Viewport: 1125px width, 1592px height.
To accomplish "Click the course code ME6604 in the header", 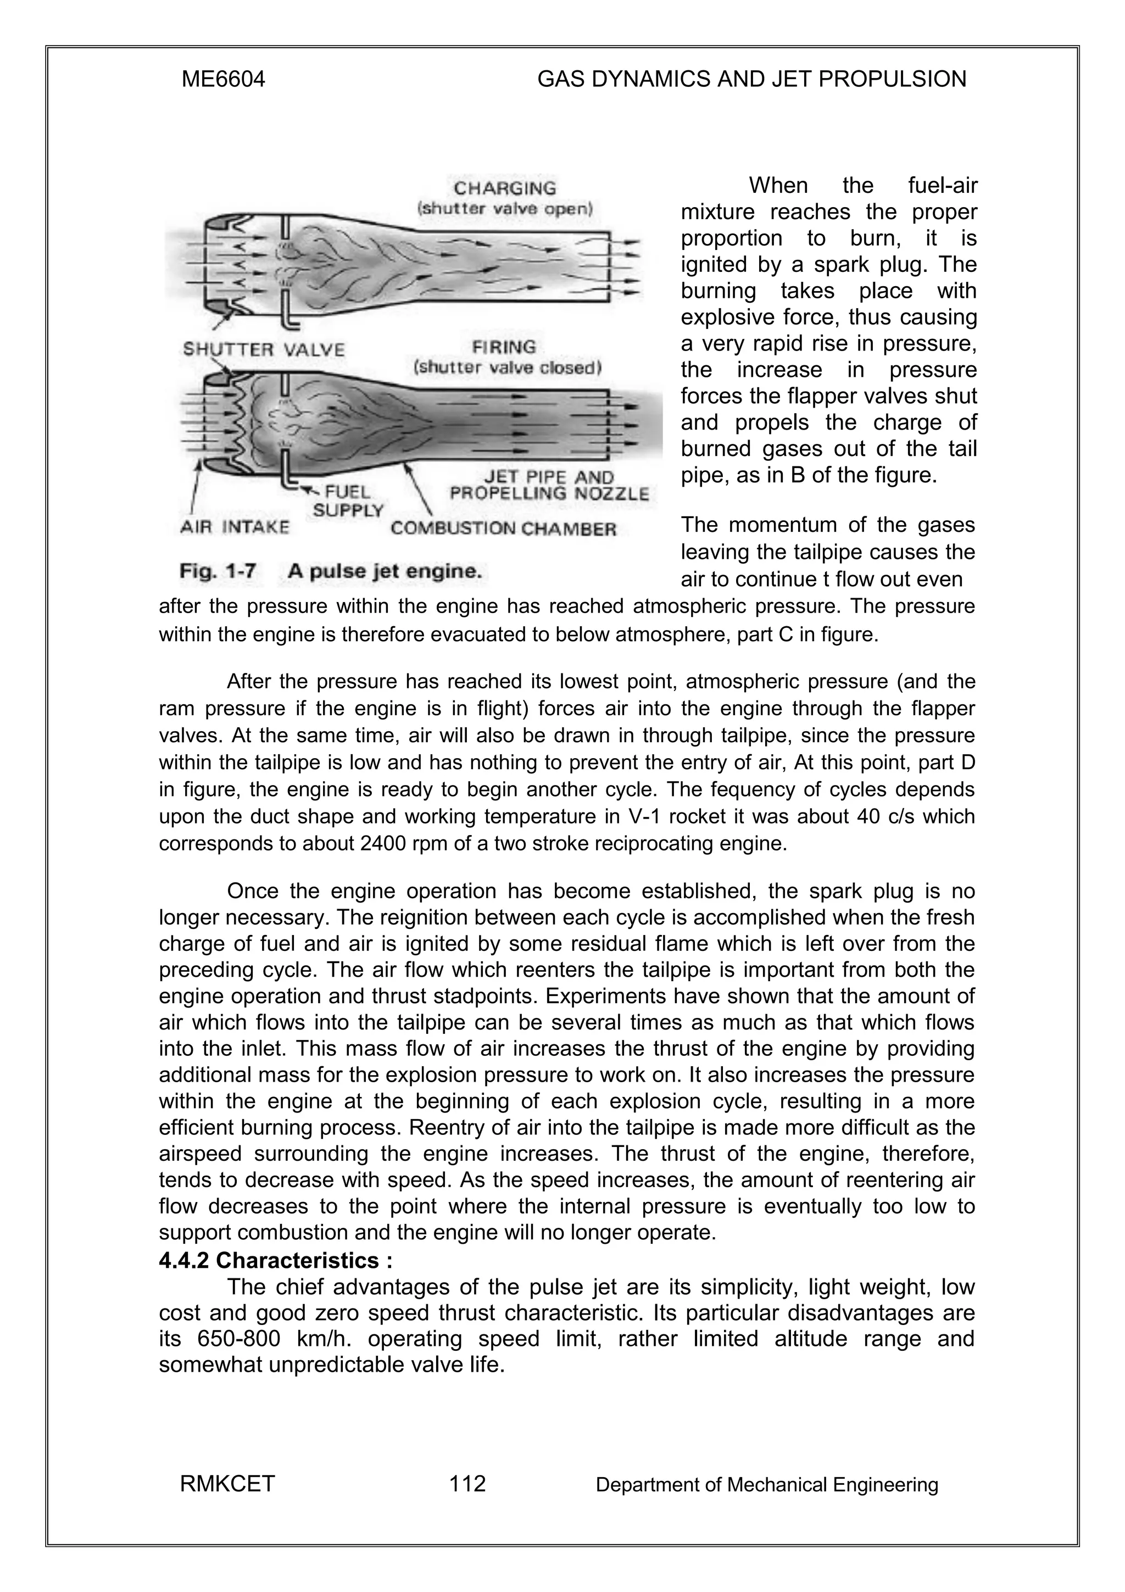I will point(222,80).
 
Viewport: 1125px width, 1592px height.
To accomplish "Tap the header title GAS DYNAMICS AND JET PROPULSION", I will point(751,80).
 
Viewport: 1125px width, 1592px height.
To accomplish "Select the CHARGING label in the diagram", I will point(505,188).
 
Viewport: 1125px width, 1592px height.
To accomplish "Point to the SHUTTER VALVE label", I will point(264,349).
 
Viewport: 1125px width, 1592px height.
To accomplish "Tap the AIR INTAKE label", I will point(235,528).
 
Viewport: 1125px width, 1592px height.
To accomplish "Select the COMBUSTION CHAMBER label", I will point(503,529).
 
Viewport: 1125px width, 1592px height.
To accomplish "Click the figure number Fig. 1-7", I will point(218,572).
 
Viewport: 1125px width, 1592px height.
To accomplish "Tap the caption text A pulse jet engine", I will point(385,572).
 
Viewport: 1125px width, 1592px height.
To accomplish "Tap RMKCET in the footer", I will point(227,1484).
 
